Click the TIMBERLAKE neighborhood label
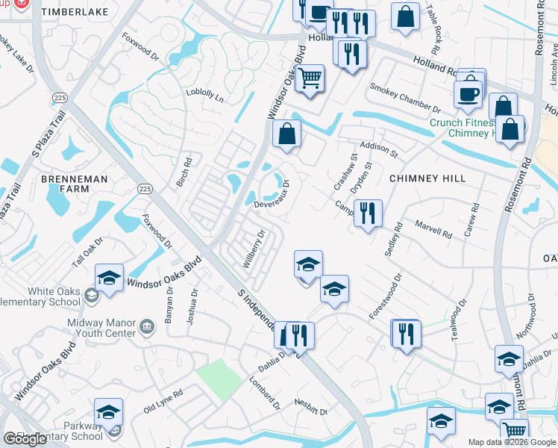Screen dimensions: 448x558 (x=75, y=13)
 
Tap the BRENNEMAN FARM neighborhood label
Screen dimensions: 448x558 (x=75, y=186)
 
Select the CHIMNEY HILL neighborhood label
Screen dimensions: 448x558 (x=427, y=178)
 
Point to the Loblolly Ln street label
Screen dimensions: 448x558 (x=205, y=96)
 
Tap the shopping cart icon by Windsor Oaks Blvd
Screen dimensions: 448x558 (x=310, y=78)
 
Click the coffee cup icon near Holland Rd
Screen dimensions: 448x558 (x=468, y=94)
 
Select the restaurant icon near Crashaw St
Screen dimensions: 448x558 (x=368, y=214)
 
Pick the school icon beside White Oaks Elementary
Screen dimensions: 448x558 (x=110, y=279)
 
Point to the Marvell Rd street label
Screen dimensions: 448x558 (x=433, y=230)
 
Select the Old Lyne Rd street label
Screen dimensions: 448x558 (x=163, y=401)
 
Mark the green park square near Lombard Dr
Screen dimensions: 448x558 (x=219, y=378)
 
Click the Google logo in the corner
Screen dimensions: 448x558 (x=25, y=439)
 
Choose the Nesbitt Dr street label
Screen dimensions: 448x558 (x=312, y=411)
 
